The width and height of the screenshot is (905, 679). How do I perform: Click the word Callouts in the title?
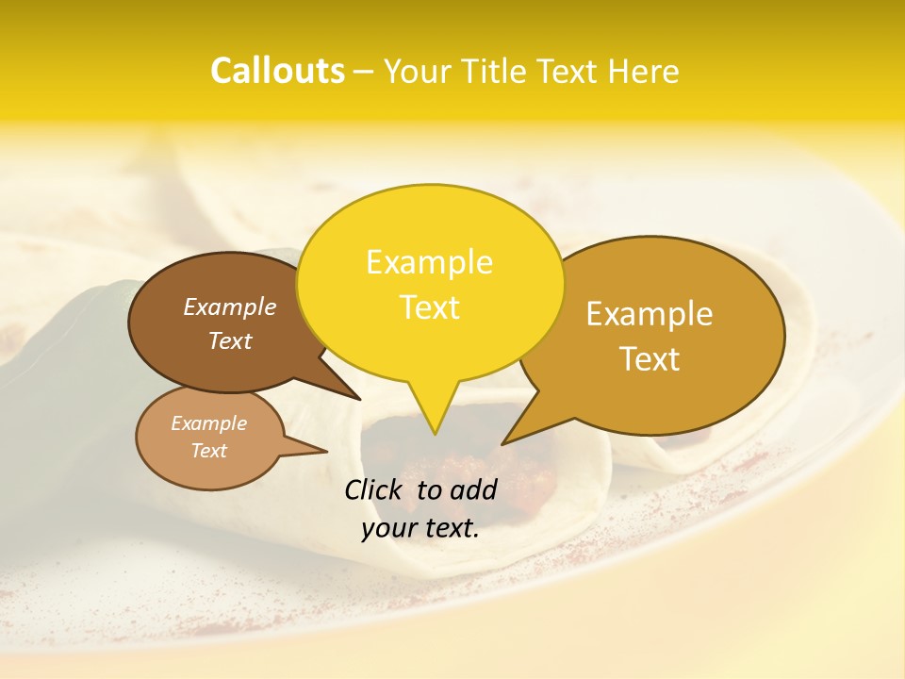277,71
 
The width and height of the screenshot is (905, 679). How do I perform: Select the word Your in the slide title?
421,71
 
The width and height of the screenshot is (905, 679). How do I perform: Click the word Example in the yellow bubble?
429,262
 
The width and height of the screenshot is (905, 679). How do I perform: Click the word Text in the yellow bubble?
429,307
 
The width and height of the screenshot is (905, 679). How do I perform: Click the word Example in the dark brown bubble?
229,306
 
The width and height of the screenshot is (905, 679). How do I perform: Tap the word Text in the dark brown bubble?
229,340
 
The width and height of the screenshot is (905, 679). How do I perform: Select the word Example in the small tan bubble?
208,423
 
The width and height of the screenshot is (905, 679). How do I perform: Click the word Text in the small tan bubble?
208,451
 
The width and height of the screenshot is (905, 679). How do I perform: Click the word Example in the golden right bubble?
650,314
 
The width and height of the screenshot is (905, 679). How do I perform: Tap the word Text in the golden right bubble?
650,359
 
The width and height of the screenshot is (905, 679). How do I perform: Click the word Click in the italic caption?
375,489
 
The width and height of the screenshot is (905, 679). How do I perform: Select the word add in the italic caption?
473,489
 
